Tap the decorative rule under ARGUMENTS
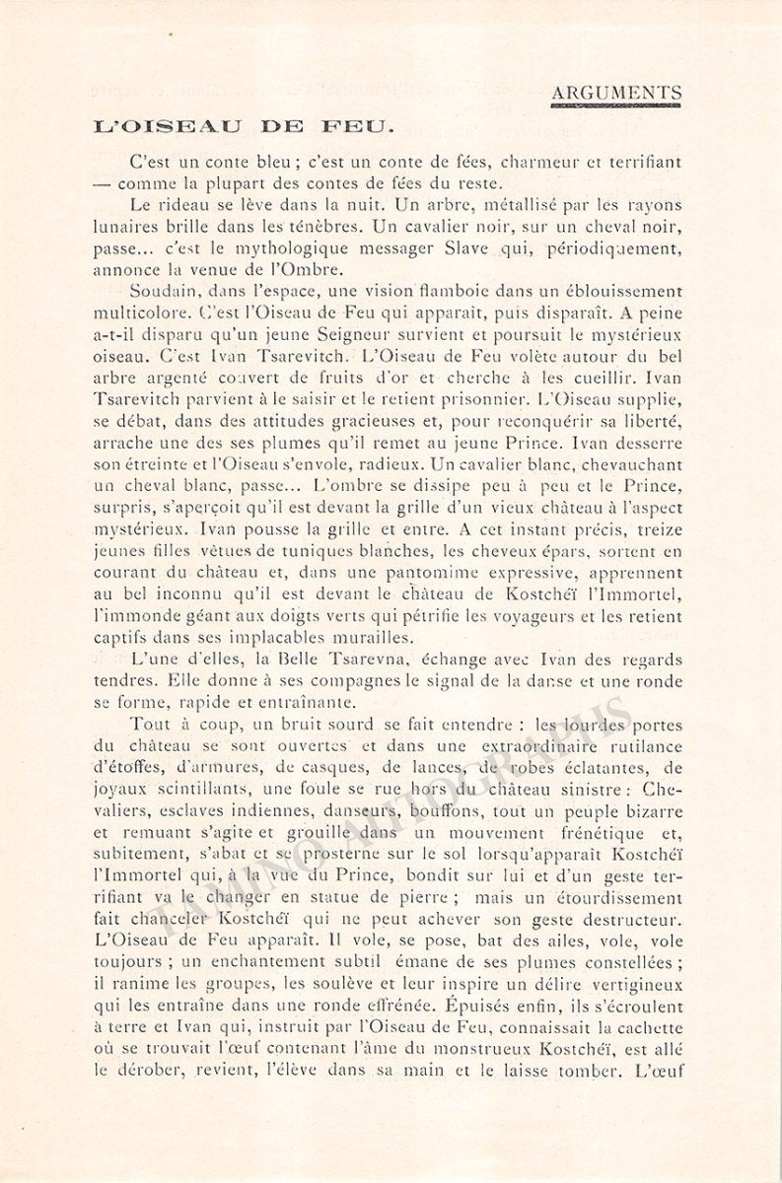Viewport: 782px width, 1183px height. click(x=616, y=104)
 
